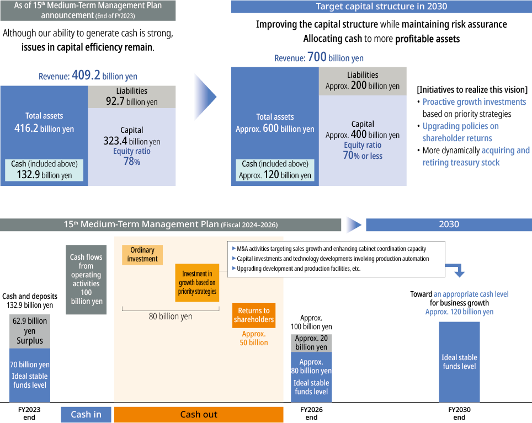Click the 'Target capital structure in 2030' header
coord(381,7)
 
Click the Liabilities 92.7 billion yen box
coord(132,97)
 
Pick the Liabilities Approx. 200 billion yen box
coord(363,81)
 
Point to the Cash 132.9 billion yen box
coord(44,170)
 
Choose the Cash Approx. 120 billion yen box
coord(275,170)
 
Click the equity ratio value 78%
coord(132,162)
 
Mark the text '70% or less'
coord(363,156)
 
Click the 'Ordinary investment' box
coord(142,255)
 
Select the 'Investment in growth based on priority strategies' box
coord(197,282)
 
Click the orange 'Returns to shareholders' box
coord(254,315)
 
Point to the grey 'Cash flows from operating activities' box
coord(86,280)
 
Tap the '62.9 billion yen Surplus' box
coord(30,331)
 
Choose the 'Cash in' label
coord(86,415)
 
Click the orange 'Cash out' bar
coord(199,415)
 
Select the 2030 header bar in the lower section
coord(449,224)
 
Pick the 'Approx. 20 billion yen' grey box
coord(311,342)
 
